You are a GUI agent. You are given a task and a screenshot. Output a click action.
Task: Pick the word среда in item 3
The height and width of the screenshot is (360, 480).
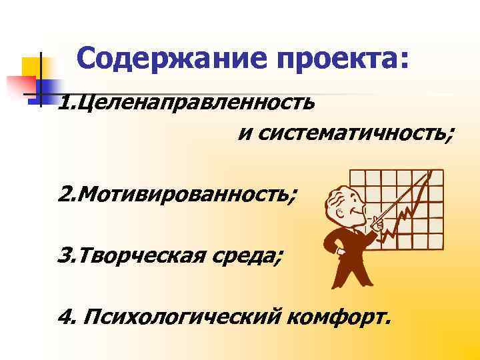tap(245, 255)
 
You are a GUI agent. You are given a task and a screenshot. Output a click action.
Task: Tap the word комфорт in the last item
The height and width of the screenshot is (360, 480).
tap(340, 315)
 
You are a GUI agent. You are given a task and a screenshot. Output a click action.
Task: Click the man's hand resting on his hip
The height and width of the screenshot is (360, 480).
tap(323, 239)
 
